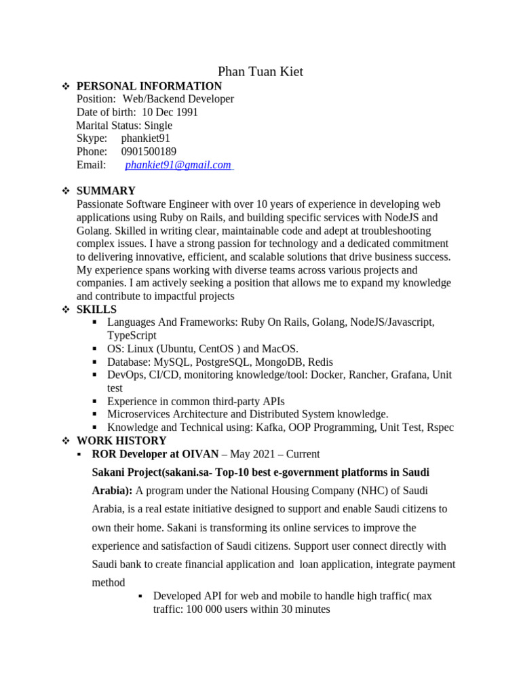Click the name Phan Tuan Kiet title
260,71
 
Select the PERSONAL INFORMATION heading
149,86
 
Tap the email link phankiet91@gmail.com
178,165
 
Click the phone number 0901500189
149,151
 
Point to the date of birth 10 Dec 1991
170,112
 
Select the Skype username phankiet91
146,138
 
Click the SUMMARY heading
106,191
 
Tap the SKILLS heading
96,309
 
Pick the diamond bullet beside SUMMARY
66,191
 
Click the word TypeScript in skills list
132,335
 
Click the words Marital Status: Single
124,126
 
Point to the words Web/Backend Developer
178,99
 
